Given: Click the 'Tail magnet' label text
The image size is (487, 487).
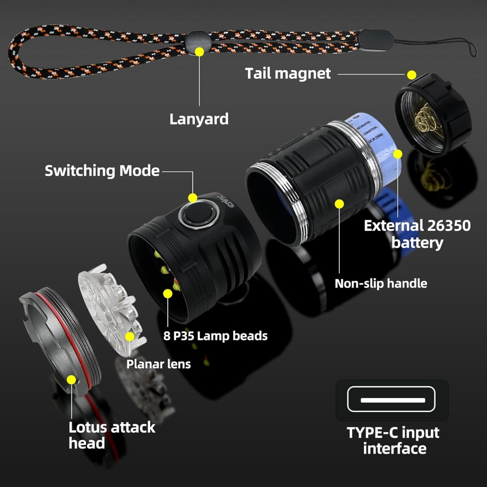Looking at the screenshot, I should point(288,74).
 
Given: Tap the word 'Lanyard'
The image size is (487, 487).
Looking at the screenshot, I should point(199,119).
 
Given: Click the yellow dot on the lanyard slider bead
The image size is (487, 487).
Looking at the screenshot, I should point(199,52).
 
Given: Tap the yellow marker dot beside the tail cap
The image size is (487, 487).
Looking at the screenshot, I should point(411,75).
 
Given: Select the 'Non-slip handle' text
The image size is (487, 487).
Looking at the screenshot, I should point(381,284).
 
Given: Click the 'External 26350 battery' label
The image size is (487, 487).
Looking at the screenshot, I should point(417,234).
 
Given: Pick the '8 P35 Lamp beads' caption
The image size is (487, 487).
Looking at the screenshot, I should point(215,336).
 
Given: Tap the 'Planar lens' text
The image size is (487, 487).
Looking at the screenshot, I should point(158,364).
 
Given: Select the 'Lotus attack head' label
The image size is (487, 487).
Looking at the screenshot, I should point(112,435).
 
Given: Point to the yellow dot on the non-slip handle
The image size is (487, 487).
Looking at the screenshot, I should point(340,204).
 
